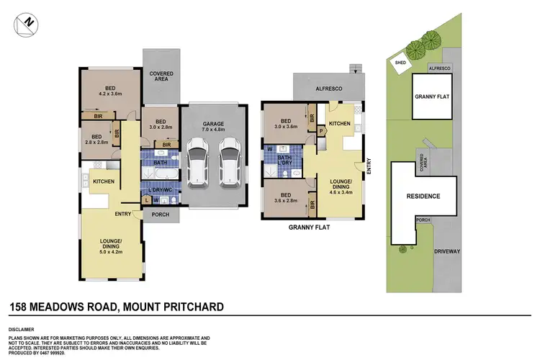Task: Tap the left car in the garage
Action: pos(197,159)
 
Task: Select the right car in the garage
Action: pos(229,159)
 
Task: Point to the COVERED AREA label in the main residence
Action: pos(161,77)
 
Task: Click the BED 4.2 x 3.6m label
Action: pos(110,90)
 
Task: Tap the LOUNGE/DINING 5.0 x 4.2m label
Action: pos(111,247)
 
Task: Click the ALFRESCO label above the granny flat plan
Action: pos(329,88)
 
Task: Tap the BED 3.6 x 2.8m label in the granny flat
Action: pos(285,197)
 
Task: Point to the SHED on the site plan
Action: pos(400,63)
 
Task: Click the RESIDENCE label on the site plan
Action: pos(423,196)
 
